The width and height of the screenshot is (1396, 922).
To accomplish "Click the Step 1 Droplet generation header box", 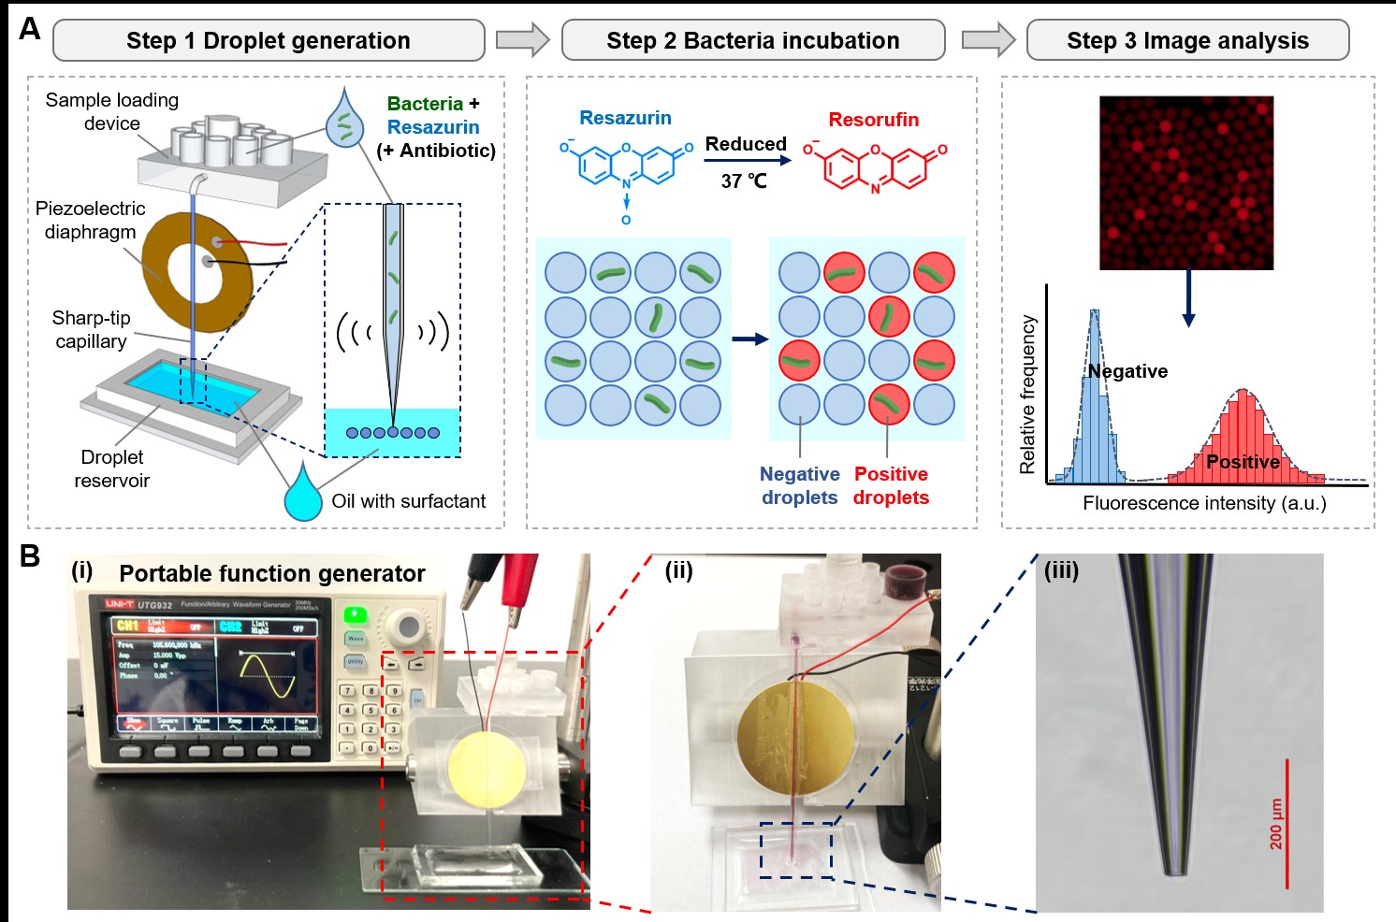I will coord(269,41).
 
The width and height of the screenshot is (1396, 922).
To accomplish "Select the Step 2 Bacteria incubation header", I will coord(752,41).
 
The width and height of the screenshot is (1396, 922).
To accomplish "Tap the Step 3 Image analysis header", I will coord(1187,41).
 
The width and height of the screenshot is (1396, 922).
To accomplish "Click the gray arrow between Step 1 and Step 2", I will coord(522,40).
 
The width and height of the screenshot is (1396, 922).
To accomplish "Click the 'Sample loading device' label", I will coord(111,111).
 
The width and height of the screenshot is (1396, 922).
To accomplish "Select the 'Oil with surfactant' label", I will coord(408,501).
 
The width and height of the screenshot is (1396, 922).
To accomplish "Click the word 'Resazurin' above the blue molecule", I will coord(625,118).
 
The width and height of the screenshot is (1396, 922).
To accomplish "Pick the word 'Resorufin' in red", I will coord(873,120).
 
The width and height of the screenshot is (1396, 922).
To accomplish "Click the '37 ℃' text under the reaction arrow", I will coord(744,181).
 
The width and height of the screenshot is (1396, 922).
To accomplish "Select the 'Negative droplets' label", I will coord(799,485).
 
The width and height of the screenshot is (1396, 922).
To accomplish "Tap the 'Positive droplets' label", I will coord(891,485).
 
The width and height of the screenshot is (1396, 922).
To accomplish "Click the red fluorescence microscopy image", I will coord(1186,182).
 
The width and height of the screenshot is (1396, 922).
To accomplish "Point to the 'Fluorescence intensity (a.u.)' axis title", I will coord(1204,503).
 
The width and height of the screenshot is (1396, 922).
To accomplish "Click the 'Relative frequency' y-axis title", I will coord(1027,394).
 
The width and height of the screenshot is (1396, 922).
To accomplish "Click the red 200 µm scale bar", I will coord(1287,823).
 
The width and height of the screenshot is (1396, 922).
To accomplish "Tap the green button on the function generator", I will coord(355,614).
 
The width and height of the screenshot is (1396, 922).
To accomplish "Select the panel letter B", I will coord(30,556).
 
